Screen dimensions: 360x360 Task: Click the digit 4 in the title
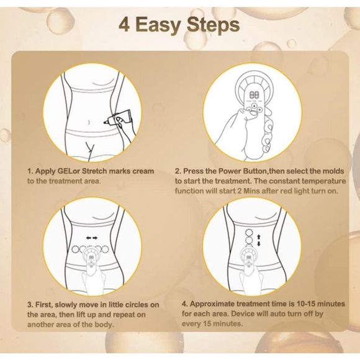(124, 25)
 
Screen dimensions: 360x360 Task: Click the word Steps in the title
(214, 25)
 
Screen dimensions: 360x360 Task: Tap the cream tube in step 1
(117, 117)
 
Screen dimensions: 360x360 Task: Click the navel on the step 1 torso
(89, 122)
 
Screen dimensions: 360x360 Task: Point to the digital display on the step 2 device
(253, 94)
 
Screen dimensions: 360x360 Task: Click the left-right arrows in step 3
(92, 238)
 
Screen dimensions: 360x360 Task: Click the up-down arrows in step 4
(259, 240)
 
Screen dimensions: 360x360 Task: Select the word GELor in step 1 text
(69, 171)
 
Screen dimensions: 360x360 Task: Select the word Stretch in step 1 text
(94, 171)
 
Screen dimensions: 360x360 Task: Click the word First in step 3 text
(45, 305)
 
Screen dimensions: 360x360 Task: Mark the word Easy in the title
(158, 25)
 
